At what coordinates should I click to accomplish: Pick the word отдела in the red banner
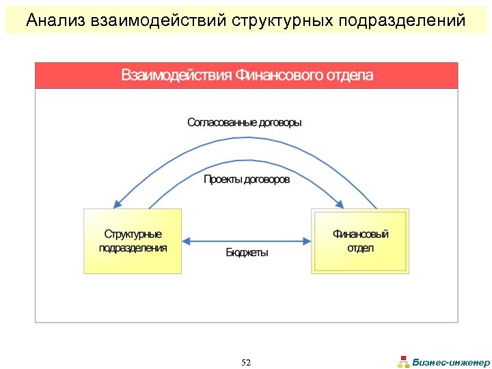(347, 75)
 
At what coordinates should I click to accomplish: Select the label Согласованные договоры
(244, 122)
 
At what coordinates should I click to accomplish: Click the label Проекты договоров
(247, 179)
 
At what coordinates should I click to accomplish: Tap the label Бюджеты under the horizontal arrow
(247, 253)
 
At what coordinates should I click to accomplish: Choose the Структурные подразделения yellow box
(133, 241)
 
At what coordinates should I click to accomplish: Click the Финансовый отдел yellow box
(360, 241)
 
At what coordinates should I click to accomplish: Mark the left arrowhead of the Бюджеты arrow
(186, 241)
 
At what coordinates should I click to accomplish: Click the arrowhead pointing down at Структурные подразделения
(118, 204)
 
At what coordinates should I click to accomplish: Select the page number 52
(246, 362)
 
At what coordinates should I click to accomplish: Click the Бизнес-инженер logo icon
(404, 362)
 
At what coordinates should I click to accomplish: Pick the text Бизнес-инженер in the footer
(452, 362)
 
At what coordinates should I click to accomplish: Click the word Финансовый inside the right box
(360, 234)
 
